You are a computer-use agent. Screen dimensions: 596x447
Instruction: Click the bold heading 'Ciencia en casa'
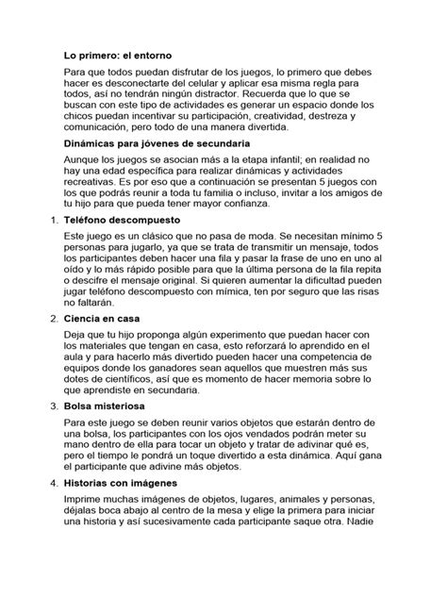pos(104,319)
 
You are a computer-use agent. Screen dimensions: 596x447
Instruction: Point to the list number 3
pos(53,406)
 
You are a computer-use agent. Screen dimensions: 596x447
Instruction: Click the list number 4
pos(53,482)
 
